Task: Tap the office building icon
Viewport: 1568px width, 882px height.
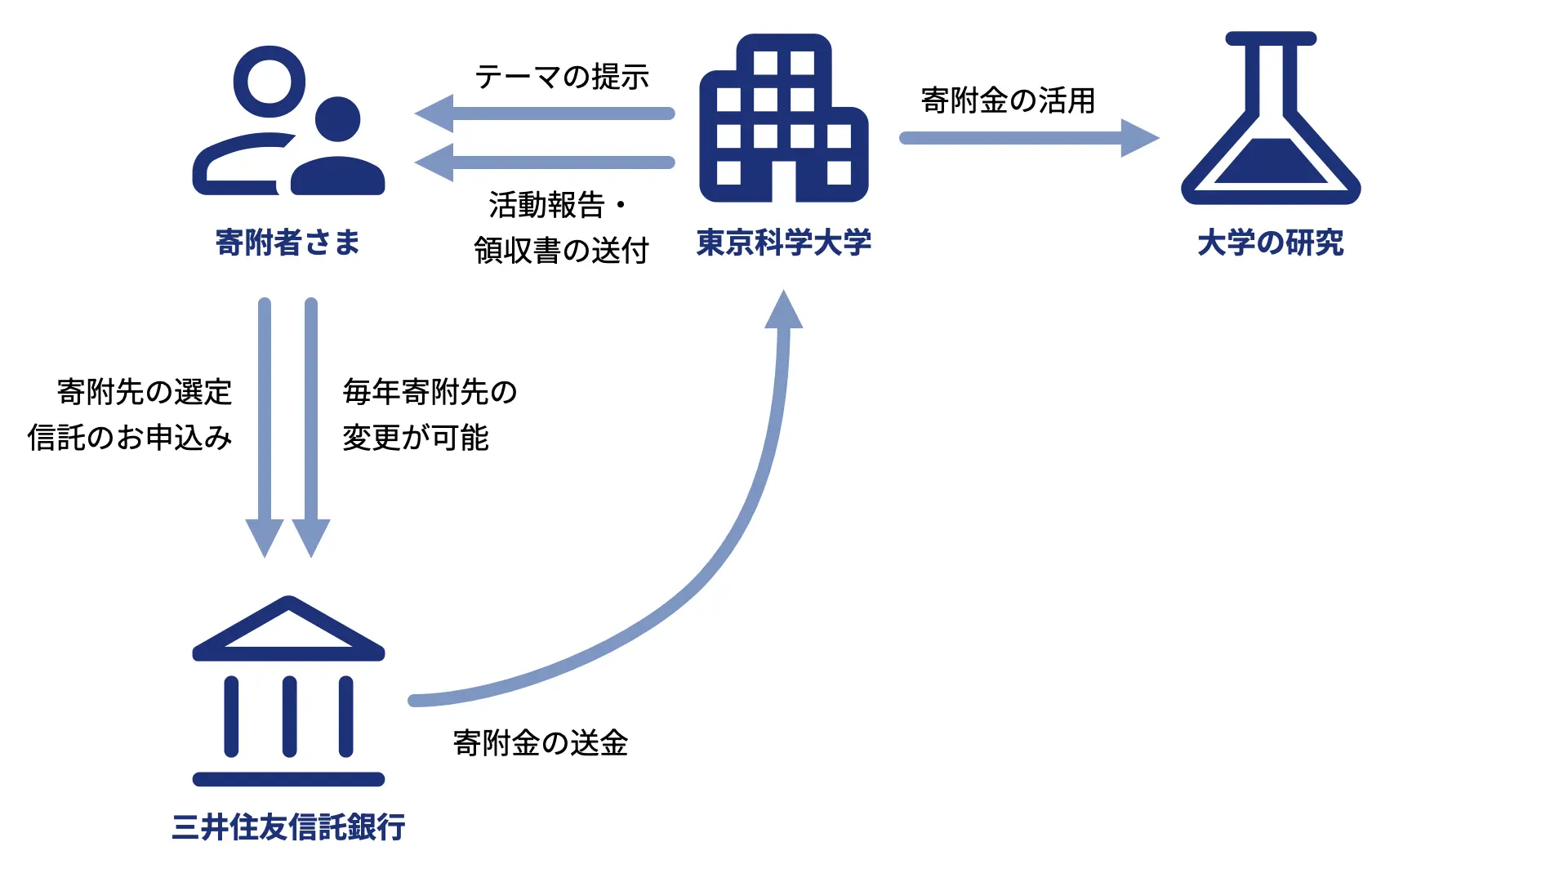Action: point(783,119)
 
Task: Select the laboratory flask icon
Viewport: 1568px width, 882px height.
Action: point(1271,119)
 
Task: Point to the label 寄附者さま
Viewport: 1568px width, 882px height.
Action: point(287,243)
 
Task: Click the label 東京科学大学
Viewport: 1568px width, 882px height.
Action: point(783,243)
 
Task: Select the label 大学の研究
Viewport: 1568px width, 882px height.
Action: point(1270,243)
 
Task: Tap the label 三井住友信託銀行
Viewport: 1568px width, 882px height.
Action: point(288,827)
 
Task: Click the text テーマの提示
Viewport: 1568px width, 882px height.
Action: point(562,77)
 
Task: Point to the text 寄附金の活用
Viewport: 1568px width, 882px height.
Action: point(1008,100)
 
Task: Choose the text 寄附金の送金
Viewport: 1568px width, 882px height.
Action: point(541,743)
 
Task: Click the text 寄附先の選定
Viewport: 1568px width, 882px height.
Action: point(145,392)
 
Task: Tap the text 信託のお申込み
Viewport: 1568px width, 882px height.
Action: point(130,438)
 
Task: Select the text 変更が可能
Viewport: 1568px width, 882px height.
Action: point(416,438)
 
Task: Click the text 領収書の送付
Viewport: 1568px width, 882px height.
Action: point(561,251)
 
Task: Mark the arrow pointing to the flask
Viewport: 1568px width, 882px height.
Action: point(1029,138)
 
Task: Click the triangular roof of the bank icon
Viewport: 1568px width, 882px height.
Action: point(288,627)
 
